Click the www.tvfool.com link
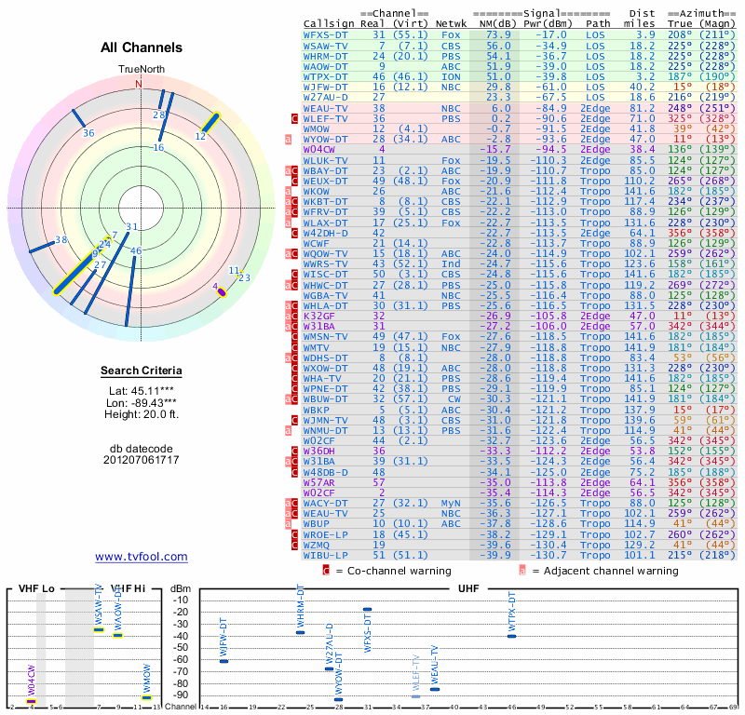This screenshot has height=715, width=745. [x=142, y=557]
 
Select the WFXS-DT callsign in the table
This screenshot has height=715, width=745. [x=326, y=34]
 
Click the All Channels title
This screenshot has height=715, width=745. [x=142, y=48]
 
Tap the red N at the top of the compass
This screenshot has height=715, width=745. [x=140, y=83]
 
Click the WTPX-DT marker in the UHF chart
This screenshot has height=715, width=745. [x=511, y=636]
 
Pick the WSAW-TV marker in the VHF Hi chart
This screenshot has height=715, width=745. [x=99, y=630]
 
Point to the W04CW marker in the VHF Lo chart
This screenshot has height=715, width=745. [x=32, y=701]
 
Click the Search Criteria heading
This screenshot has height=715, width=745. [x=142, y=371]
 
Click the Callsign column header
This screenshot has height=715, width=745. [x=330, y=23]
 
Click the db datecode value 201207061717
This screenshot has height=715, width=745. [x=142, y=460]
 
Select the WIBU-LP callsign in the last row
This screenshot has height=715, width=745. [x=326, y=555]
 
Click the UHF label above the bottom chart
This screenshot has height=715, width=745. [x=469, y=589]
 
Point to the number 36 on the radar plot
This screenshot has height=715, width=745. [x=88, y=133]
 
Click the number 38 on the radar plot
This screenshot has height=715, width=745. [x=62, y=240]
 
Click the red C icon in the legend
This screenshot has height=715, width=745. [x=327, y=571]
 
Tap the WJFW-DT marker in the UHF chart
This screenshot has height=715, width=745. [x=223, y=660]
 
